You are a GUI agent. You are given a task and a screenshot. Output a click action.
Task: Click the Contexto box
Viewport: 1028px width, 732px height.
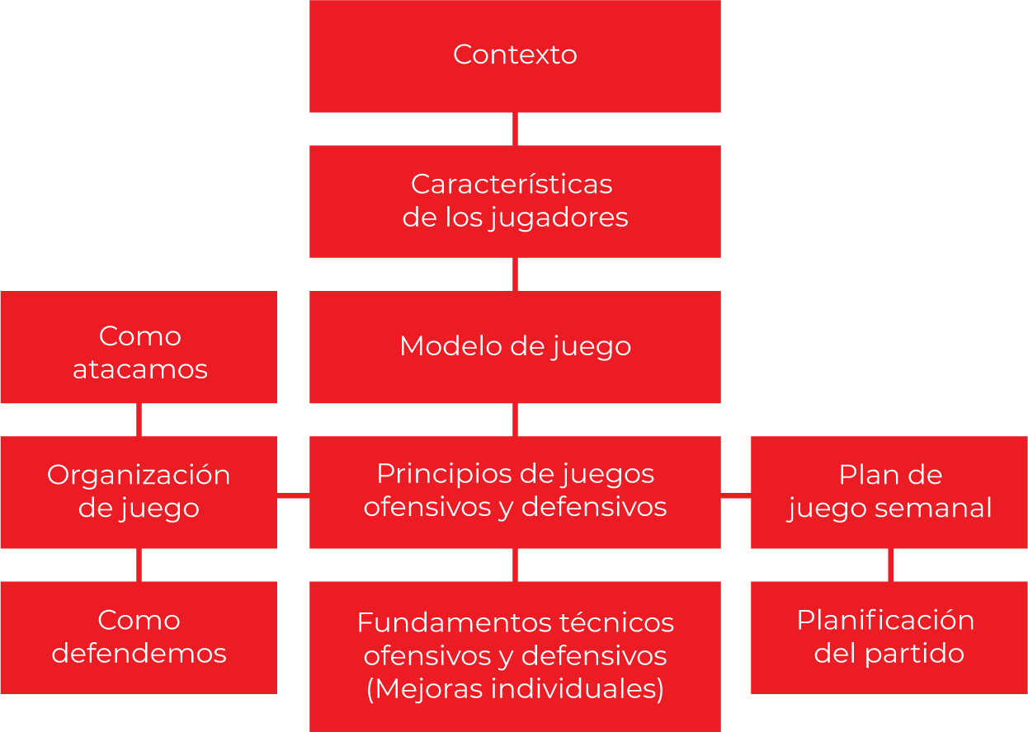click(x=515, y=55)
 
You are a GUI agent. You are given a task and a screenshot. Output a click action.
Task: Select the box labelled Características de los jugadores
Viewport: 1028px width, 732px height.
click(x=515, y=201)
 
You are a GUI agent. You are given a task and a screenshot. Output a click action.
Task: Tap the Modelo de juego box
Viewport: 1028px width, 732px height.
click(x=515, y=346)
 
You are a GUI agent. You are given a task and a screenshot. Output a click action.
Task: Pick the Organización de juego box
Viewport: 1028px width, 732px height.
click(x=139, y=492)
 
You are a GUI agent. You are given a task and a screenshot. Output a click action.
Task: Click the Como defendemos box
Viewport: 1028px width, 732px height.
click(x=139, y=637)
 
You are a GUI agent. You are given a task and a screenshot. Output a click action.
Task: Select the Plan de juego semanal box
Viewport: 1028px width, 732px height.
click(x=889, y=492)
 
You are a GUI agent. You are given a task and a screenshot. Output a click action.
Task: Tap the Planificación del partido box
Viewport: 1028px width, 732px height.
click(x=889, y=637)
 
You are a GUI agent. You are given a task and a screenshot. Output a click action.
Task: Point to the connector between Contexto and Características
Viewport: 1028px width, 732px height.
click(x=515, y=129)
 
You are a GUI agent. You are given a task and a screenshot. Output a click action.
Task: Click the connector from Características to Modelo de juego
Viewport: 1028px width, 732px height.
click(x=515, y=274)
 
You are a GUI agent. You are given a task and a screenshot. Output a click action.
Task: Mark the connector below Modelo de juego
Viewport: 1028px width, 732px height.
click(x=515, y=420)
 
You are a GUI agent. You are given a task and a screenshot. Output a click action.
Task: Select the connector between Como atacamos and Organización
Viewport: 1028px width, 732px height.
click(x=139, y=420)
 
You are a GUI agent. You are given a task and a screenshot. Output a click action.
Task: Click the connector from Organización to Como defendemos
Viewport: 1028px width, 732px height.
click(x=139, y=565)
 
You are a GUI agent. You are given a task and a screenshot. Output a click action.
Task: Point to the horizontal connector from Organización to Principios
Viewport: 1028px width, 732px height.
click(x=293, y=495)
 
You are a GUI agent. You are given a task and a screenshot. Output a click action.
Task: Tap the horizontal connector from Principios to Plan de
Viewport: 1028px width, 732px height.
click(x=736, y=495)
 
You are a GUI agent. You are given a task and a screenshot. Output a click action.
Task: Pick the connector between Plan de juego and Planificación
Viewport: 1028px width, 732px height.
click(x=890, y=565)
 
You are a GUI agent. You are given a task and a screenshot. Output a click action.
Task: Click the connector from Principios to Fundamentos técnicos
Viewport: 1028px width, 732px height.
click(x=515, y=565)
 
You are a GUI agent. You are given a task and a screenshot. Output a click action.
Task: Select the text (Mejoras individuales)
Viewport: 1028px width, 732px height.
click(x=515, y=689)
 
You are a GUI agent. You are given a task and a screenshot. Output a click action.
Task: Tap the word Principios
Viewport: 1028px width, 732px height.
click(x=442, y=475)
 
